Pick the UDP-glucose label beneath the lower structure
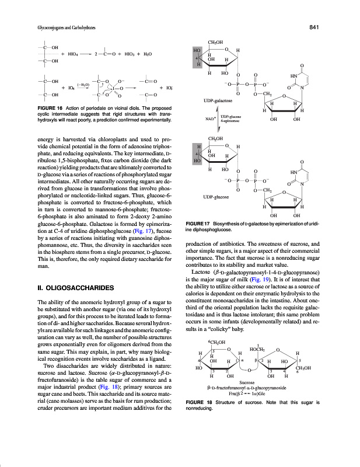point(209,198)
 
